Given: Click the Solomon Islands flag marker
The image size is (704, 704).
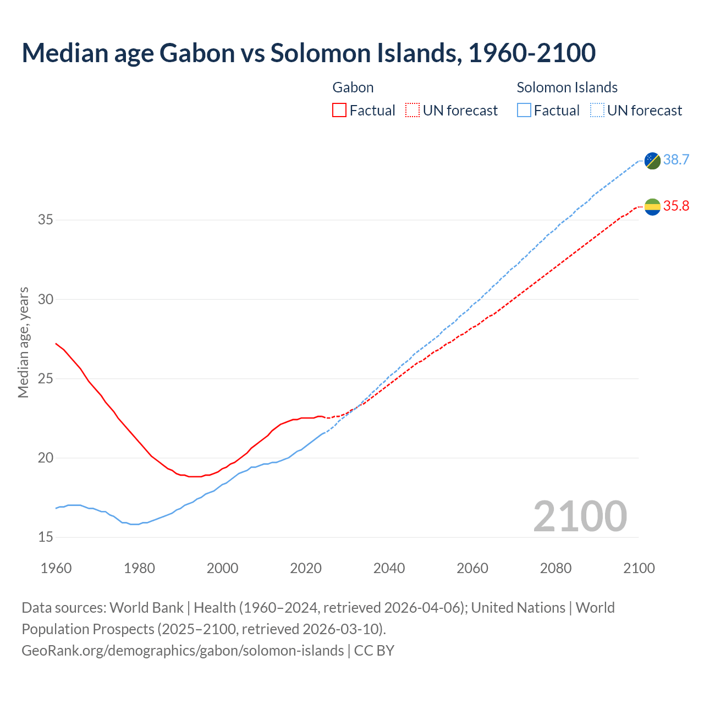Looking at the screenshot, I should point(652,161).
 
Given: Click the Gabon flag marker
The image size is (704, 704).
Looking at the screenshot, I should point(652,207).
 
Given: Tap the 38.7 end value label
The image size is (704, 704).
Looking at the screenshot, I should point(676,160).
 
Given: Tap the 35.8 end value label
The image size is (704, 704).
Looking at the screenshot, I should point(676,206).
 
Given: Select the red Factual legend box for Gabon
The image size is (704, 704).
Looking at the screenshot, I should point(339,111).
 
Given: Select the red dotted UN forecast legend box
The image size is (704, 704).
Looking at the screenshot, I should point(413,111).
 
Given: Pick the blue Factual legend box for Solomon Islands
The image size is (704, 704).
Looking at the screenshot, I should point(524,111).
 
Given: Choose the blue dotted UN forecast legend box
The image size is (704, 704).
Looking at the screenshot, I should point(597,111).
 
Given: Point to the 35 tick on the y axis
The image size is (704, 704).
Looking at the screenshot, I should point(46,220).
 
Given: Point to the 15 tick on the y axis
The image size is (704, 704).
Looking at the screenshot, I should point(46,537).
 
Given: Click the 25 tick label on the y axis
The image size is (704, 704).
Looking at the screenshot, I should point(46,378).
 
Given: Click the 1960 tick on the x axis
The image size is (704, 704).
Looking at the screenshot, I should point(56,568).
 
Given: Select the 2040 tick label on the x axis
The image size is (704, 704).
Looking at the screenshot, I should point(389,568).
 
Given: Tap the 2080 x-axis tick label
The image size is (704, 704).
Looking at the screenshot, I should point(555,568).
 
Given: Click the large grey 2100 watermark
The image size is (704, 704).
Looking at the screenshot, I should point(580,516).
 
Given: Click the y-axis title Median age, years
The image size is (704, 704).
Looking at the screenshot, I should point(23,342).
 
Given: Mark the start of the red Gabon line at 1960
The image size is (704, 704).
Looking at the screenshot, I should point(56,344).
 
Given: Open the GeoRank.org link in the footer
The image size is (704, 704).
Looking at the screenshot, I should point(183,651).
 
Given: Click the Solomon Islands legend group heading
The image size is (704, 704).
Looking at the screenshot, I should point(567,87).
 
